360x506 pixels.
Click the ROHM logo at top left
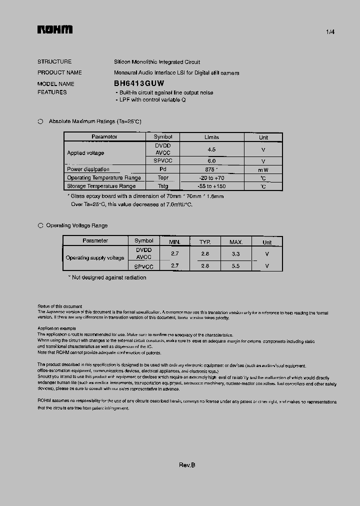pyautogui.click(x=55, y=30)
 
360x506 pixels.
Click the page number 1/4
pyautogui.click(x=330, y=32)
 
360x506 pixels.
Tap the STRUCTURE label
pyautogui.click(x=54, y=62)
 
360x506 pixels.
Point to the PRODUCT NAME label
pyautogui.click(x=59, y=72)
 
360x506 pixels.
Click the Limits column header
pyautogui.click(x=211, y=137)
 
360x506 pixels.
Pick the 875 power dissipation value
pyautogui.click(x=211, y=169)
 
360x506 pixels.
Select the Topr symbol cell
pyautogui.click(x=163, y=178)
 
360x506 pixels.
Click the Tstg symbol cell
pyautogui.click(x=163, y=186)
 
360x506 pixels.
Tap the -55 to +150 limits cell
pyautogui.click(x=211, y=186)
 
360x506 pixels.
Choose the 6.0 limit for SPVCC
pyautogui.click(x=211, y=161)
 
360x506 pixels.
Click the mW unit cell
pyautogui.click(x=263, y=170)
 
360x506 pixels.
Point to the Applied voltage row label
pyautogui.click(x=85, y=153)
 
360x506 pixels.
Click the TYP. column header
pyautogui.click(x=205, y=242)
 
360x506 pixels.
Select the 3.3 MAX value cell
pyautogui.click(x=235, y=254)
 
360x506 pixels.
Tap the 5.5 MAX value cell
pyautogui.click(x=235, y=266)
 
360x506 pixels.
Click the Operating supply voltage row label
pyautogui.click(x=95, y=258)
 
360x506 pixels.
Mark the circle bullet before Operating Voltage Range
pyautogui.click(x=40, y=225)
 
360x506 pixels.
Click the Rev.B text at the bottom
pyautogui.click(x=187, y=465)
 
